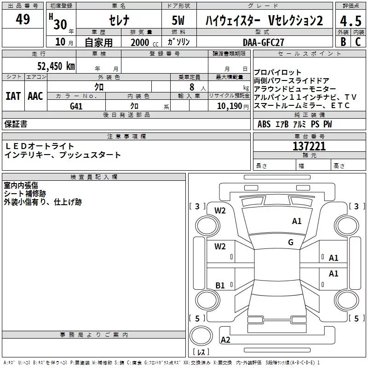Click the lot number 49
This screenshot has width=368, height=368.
pyautogui.click(x=23, y=20)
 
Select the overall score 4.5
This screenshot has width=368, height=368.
pyautogui.click(x=350, y=21)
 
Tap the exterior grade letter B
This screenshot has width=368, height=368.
pyautogui.click(x=343, y=41)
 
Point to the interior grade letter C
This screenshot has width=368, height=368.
pyautogui.click(x=358, y=41)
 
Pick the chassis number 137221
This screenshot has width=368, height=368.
pyautogui.click(x=309, y=146)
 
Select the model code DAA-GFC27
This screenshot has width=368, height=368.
pyautogui.click(x=263, y=42)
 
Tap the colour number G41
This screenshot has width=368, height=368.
pyautogui.click(x=76, y=106)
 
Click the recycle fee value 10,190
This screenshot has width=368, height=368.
pyautogui.click(x=229, y=106)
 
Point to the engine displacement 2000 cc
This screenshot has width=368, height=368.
pyautogui.click(x=143, y=42)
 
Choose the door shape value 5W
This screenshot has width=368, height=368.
pyautogui.click(x=179, y=21)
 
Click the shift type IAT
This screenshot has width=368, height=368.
pyautogui.click(x=13, y=96)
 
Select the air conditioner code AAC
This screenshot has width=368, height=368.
pyautogui.click(x=35, y=96)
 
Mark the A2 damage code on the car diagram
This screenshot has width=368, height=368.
pyautogui.click(x=225, y=340)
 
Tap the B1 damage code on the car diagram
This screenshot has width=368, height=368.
pyautogui.click(x=220, y=286)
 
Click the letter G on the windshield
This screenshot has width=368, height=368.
pyautogui.click(x=290, y=242)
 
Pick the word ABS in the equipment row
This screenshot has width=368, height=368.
pyautogui.click(x=264, y=124)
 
